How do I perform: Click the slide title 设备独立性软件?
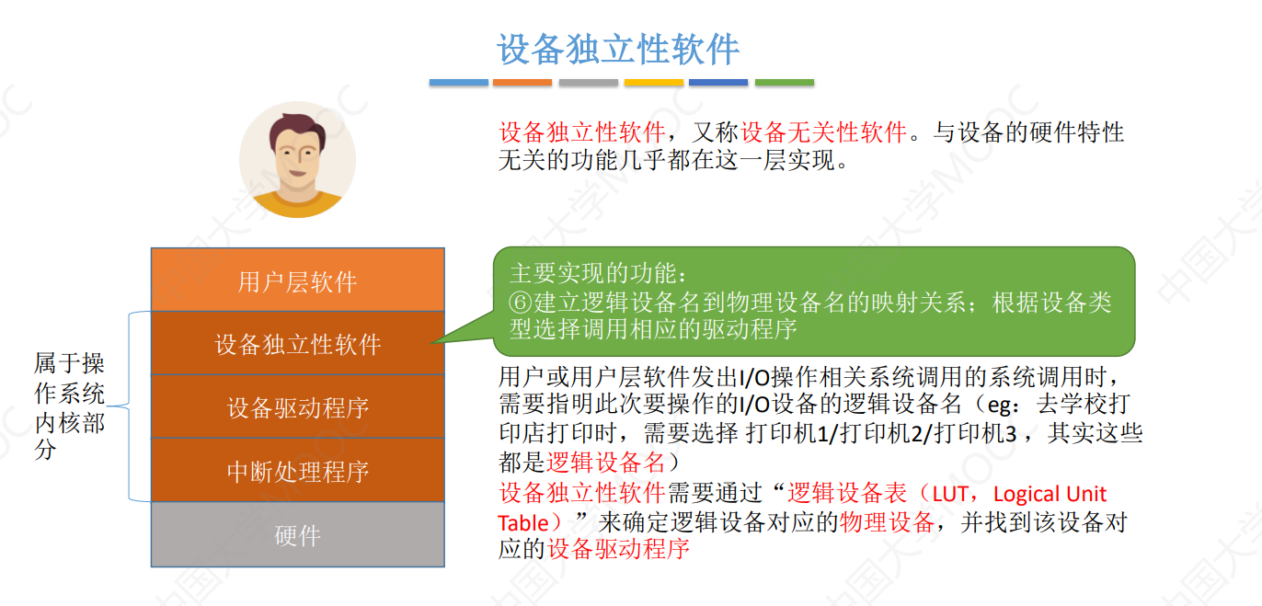pyautogui.click(x=618, y=50)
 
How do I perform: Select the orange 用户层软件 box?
pyautogui.click(x=297, y=280)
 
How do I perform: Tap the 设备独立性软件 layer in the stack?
pyautogui.click(x=297, y=344)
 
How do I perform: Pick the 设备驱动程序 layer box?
pyautogui.click(x=297, y=407)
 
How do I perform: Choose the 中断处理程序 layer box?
pyautogui.click(x=297, y=471)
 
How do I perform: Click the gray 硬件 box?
pyautogui.click(x=297, y=535)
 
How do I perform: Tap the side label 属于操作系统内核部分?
pyautogui.click(x=70, y=406)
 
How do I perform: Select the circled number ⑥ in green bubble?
pyautogui.click(x=521, y=302)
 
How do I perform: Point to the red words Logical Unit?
pyautogui.click(x=1050, y=495)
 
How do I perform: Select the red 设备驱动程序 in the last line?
pyautogui.click(x=618, y=550)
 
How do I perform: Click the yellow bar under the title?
pyautogui.click(x=654, y=83)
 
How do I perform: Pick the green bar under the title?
pyautogui.click(x=785, y=83)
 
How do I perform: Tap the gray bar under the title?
pyautogui.click(x=589, y=83)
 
